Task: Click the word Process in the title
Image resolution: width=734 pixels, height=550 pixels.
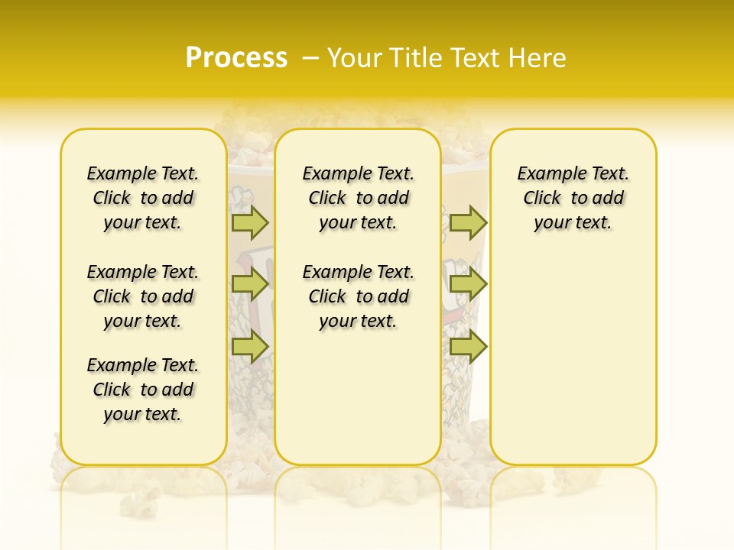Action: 236,58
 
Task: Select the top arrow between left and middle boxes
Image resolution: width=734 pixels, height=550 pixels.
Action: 250,222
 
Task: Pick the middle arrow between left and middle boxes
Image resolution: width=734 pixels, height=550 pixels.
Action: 250,284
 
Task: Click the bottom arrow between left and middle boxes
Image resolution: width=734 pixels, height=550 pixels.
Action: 250,346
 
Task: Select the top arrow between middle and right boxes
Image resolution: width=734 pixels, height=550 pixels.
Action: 468,222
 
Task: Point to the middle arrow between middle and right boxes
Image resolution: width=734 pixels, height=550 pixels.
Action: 468,284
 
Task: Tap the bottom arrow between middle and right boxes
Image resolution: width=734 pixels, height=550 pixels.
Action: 468,346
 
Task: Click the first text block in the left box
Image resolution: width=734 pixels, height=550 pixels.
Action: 143,198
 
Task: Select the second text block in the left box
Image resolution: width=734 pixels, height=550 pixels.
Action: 143,296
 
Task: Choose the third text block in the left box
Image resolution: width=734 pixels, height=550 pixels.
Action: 143,390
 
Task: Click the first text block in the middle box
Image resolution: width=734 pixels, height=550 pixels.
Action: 358,198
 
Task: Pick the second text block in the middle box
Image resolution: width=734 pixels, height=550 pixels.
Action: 358,296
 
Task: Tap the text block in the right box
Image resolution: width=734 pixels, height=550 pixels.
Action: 573,198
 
